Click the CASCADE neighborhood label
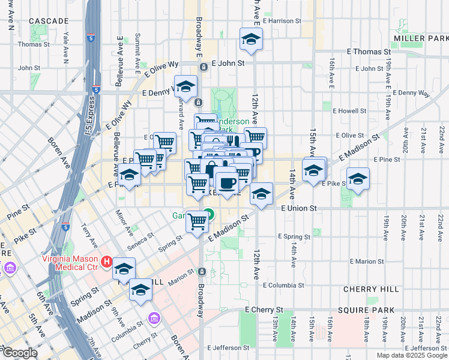coord(49,21)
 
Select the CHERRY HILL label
coord(371,289)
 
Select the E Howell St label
coord(348,111)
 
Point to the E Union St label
coord(298,208)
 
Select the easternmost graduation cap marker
coord(358,179)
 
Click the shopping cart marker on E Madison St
coord(197,221)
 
